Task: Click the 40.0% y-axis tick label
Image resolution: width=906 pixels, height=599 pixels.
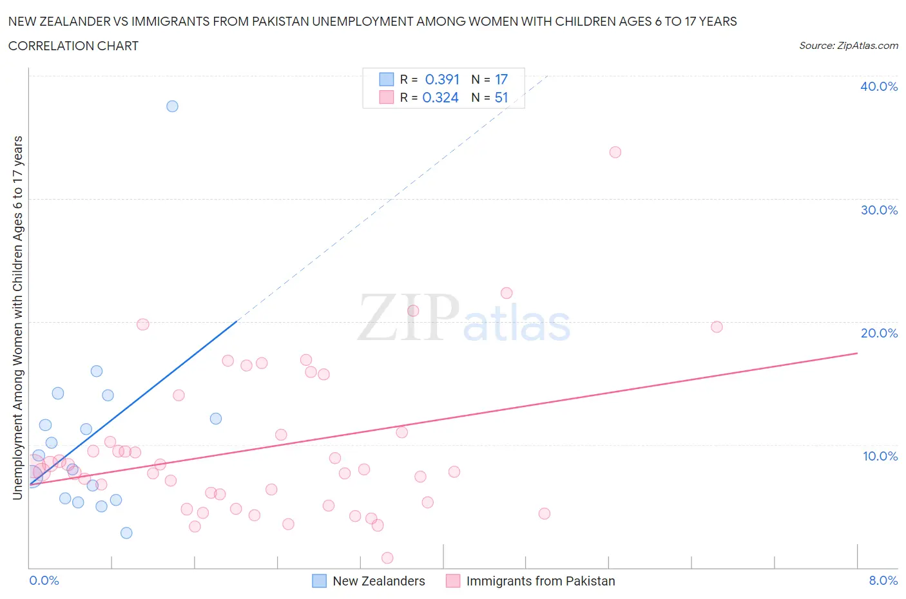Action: tap(878, 86)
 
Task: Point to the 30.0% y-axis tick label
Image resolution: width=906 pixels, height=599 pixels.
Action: tap(878, 210)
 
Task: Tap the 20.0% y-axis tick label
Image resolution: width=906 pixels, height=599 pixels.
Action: tap(878, 333)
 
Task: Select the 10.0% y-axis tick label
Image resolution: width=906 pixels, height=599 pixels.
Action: tap(880, 456)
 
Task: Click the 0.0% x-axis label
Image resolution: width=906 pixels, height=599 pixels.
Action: tap(44, 580)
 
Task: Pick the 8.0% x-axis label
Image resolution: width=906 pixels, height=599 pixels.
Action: tap(883, 580)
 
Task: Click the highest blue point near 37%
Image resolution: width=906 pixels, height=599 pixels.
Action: tap(172, 106)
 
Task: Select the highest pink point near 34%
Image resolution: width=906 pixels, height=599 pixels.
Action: tap(615, 152)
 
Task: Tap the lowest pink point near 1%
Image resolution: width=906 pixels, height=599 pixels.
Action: tap(387, 558)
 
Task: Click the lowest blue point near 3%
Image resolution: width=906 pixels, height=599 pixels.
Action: tap(126, 533)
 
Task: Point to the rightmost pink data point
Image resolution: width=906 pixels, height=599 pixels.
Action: tap(717, 327)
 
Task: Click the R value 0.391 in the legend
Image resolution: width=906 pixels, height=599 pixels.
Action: tap(442, 79)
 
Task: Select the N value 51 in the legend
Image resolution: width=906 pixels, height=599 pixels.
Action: tap(501, 97)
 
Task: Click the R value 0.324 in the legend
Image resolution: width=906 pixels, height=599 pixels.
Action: tap(441, 97)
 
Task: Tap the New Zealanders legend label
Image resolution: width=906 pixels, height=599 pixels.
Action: tap(378, 581)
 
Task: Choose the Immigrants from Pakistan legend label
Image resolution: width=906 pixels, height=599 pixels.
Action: tap(540, 581)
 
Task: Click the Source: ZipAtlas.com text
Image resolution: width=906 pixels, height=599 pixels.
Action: tap(848, 45)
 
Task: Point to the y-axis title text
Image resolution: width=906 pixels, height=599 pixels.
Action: tap(17, 318)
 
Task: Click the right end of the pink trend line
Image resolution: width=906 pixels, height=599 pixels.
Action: tap(857, 353)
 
